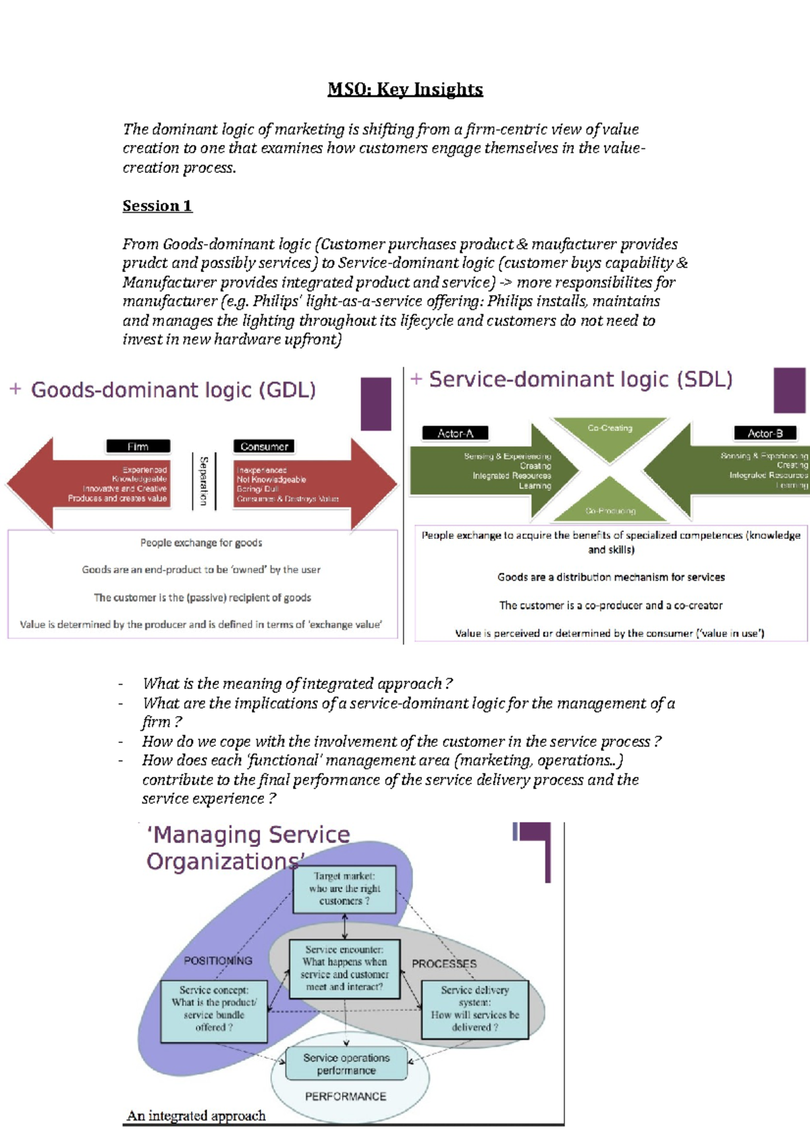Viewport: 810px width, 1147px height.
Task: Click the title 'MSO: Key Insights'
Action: point(405,89)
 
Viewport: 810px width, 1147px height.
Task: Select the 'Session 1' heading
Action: point(157,206)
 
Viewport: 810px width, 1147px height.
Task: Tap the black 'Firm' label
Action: point(138,447)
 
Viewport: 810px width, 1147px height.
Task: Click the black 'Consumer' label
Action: point(264,447)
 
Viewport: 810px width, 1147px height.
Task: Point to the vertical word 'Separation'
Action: point(203,480)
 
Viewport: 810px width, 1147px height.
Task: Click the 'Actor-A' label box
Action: point(455,433)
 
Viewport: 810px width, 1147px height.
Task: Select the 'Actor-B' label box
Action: point(764,433)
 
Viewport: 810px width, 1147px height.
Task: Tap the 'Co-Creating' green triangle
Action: point(610,436)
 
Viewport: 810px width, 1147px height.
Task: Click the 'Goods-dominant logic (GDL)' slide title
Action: point(173,390)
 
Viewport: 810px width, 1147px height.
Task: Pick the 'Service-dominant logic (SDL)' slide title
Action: point(580,380)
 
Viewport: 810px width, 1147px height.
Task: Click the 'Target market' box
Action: point(344,889)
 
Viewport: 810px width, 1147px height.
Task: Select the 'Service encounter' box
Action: point(344,968)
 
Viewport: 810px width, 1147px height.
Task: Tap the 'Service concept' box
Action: point(214,1009)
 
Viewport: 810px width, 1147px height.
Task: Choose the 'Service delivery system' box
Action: point(475,1009)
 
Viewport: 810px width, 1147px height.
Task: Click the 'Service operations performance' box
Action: point(346,1064)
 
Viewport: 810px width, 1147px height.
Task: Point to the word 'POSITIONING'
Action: point(218,960)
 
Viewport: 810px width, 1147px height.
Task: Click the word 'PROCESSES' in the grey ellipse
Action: point(444,964)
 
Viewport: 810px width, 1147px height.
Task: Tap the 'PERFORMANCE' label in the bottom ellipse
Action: point(346,1096)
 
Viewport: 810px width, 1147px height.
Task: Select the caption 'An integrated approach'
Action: point(196,1116)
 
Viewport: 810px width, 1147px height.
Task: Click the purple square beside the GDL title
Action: point(376,404)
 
